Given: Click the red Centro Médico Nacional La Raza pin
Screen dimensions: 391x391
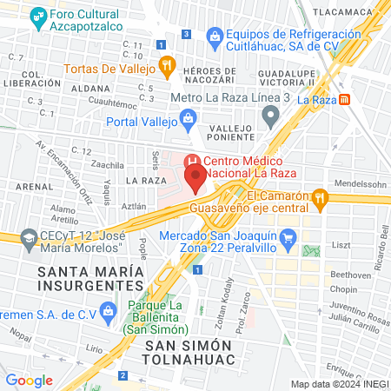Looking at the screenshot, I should (195, 181).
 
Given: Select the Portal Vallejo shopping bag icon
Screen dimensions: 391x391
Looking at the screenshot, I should (187, 117).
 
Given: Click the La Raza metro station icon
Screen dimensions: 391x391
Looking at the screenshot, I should (345, 100).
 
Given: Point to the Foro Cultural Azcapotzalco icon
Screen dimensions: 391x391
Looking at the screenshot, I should (37, 16).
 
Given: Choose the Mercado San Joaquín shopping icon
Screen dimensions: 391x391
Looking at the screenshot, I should (291, 235).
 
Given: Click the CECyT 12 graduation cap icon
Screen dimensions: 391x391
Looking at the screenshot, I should (30, 237).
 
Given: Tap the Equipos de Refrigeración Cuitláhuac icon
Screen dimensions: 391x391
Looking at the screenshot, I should (215, 34).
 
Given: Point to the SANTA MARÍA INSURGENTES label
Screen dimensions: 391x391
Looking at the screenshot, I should (89, 278).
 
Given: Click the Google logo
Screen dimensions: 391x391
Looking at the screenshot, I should (29, 380).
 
